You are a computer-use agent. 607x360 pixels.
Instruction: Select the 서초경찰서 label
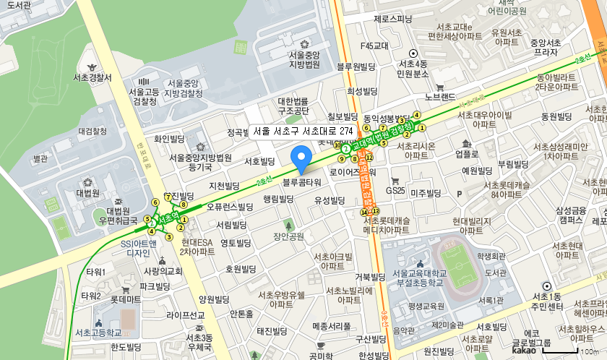(x=92, y=77)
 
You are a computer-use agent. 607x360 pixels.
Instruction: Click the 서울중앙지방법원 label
(x=303, y=60)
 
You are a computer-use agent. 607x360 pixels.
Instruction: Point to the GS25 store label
(x=395, y=191)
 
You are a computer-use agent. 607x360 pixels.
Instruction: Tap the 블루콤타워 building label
(x=301, y=182)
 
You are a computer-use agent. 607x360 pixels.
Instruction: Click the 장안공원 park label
(x=288, y=235)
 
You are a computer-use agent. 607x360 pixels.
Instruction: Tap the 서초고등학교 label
(x=98, y=333)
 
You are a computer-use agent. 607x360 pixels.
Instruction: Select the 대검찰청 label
(x=92, y=132)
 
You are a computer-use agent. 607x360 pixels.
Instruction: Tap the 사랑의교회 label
(x=163, y=272)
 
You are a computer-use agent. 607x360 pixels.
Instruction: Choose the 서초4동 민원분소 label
(x=413, y=68)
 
